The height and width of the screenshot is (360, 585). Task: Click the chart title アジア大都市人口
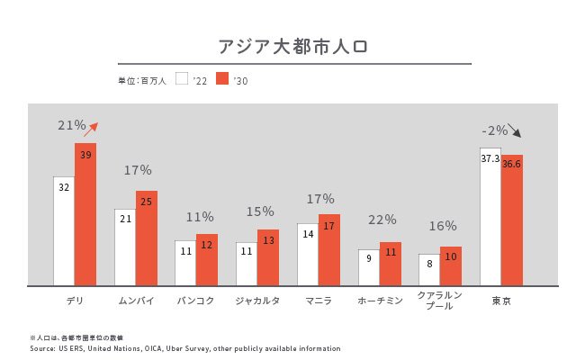point(292,46)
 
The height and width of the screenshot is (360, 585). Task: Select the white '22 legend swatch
point(181,79)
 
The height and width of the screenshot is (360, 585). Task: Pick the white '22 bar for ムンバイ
point(125,247)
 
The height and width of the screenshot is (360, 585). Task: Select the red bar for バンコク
point(207,260)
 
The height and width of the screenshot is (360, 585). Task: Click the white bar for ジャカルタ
point(247,264)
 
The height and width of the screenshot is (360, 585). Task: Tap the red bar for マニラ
point(329,250)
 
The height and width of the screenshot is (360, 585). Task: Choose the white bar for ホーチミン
point(369,267)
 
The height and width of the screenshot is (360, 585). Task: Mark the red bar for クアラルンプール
point(451,266)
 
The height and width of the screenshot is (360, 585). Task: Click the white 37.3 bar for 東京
point(490,217)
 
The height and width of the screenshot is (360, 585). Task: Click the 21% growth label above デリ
point(72,126)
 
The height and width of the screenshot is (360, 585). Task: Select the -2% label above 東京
point(495,130)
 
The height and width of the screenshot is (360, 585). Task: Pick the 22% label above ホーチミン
point(382,219)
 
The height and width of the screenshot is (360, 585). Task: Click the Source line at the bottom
point(184,347)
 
